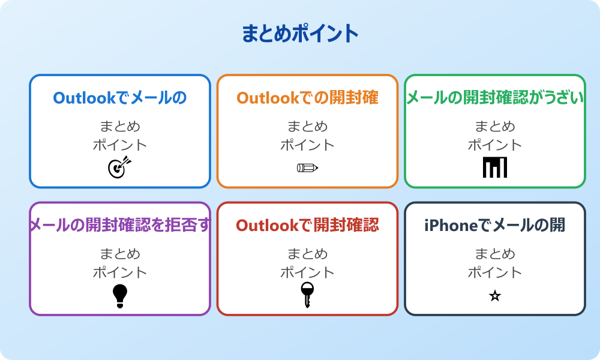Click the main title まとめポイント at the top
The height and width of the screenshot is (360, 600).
(300, 34)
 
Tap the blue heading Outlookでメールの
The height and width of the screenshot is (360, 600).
(120, 98)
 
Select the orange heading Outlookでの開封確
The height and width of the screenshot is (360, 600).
(307, 98)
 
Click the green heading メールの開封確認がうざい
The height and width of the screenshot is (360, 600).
(495, 98)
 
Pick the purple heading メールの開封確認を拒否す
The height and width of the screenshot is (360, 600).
(120, 225)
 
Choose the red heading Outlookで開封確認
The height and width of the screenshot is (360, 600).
(307, 225)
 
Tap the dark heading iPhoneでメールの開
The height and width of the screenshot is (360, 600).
(495, 225)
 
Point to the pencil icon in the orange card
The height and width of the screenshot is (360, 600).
(307, 167)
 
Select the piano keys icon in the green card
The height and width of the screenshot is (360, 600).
(495, 167)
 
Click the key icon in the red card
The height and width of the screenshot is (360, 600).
(307, 295)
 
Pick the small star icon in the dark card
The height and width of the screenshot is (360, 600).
(495, 296)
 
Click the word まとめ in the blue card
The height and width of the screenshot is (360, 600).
(120, 127)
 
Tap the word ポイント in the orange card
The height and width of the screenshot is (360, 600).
(307, 145)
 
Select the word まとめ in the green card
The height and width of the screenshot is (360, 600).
(495, 127)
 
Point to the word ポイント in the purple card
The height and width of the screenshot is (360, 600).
(120, 272)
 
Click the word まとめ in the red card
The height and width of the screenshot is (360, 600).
(307, 254)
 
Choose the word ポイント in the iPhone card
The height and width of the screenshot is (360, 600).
(495, 272)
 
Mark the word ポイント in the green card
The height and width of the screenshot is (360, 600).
(495, 145)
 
